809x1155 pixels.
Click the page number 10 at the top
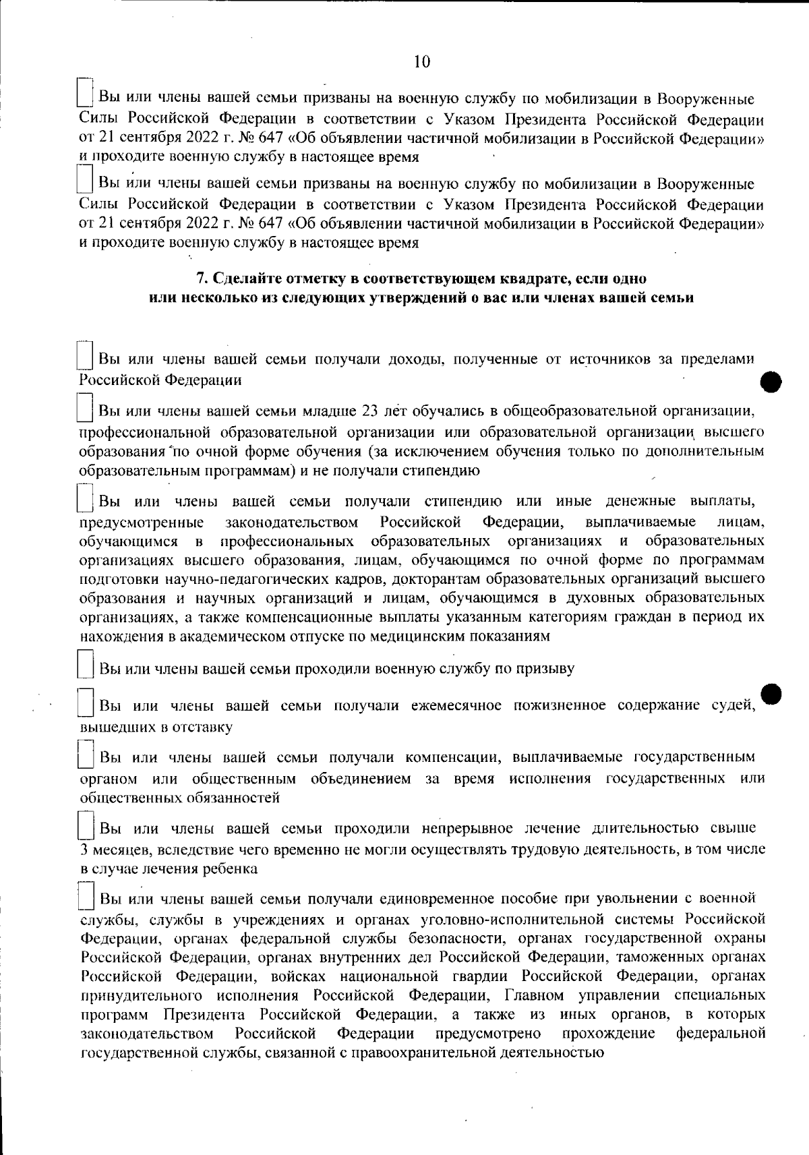[421, 63]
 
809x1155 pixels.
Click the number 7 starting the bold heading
[199, 278]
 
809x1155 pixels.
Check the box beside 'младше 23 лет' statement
[85, 408]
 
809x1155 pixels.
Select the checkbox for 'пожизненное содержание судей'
[85, 703]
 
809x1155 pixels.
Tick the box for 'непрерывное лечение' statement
[85, 825]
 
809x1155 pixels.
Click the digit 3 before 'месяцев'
[84, 850]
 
